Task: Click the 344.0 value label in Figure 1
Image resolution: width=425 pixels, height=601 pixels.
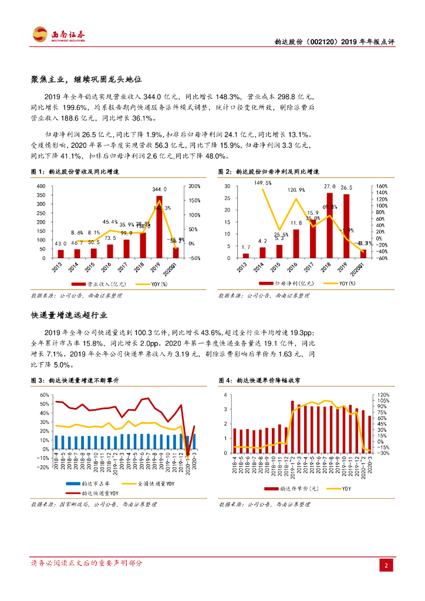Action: point(160,190)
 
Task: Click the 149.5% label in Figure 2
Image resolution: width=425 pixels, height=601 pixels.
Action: point(262,183)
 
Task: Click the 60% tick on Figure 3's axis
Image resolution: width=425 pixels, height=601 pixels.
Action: point(44,394)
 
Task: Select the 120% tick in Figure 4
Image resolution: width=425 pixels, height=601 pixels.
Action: point(383,394)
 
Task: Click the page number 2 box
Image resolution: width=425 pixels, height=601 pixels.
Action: point(387,565)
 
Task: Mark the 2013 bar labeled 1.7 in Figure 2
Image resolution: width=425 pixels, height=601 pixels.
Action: point(246,255)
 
